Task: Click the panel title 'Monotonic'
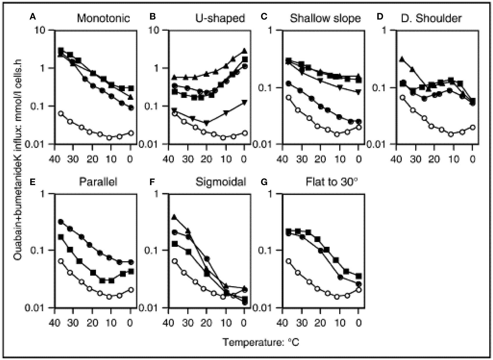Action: click(x=103, y=19)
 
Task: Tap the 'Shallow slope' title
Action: click(x=325, y=19)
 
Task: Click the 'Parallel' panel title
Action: click(x=98, y=182)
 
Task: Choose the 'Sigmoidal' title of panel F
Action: click(x=220, y=182)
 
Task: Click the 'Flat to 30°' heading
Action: click(x=332, y=182)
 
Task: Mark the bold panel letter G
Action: click(x=264, y=182)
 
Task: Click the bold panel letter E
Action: click(x=33, y=182)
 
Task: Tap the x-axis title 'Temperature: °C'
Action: click(x=261, y=342)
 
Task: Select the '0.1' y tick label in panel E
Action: click(x=40, y=250)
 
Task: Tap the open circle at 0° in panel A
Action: click(x=131, y=133)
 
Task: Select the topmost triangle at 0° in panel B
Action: click(x=244, y=51)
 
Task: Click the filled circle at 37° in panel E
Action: click(x=61, y=222)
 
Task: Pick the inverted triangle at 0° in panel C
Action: click(x=358, y=92)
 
